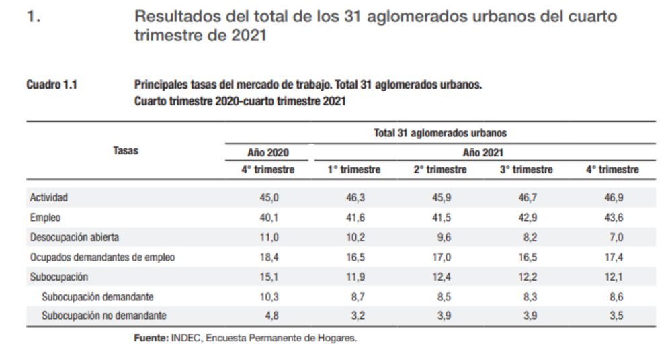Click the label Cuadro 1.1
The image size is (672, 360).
(51, 85)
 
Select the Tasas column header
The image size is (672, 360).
(126, 151)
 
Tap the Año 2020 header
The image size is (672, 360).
(268, 152)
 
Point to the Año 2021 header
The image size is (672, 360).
(482, 152)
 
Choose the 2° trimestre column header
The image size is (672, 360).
(440, 170)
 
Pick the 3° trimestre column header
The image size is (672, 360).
(526, 170)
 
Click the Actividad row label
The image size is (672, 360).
(49, 198)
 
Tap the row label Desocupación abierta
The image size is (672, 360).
(75, 237)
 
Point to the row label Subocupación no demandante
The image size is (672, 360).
(104, 316)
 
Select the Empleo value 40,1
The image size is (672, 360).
(268, 218)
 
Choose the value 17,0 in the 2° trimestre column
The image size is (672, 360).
(440, 257)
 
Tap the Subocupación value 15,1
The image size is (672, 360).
(268, 277)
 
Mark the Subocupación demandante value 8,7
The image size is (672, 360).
(354, 296)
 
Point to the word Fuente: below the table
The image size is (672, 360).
(151, 339)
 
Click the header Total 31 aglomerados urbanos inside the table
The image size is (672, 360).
(440, 133)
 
